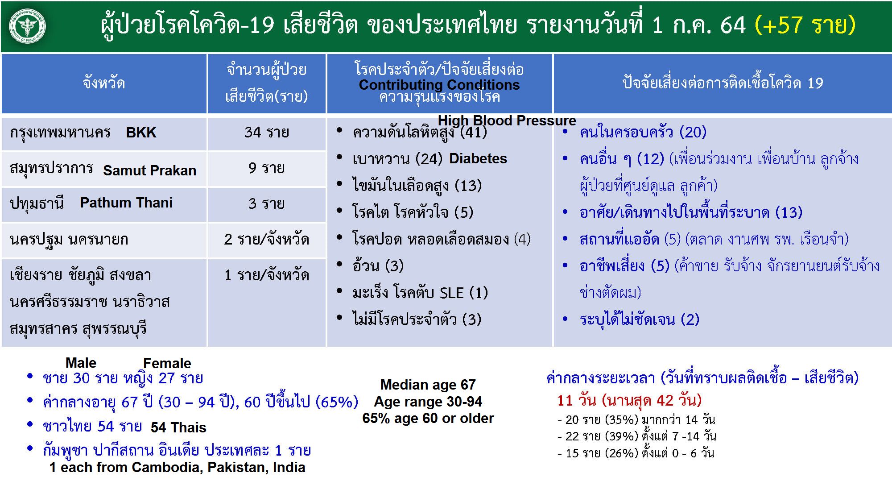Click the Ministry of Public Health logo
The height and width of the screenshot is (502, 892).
click(27, 26)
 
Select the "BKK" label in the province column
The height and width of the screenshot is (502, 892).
click(141, 133)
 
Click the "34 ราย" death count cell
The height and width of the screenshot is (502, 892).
click(267, 133)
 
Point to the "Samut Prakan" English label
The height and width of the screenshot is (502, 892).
click(150, 170)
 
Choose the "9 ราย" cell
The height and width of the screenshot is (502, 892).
click(267, 168)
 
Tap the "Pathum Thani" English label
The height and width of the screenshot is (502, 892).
click(126, 203)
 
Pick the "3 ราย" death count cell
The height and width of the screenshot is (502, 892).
click(267, 204)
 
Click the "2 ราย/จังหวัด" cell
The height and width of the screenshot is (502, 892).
click(267, 240)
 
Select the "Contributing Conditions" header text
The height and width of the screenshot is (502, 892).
click(439, 85)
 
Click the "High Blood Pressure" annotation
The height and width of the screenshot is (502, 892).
click(507, 120)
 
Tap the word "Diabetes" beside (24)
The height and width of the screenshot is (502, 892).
click(478, 158)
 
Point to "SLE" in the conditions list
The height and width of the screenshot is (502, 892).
click(452, 293)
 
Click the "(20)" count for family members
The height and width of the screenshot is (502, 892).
click(693, 133)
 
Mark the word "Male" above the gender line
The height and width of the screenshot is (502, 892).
click(81, 363)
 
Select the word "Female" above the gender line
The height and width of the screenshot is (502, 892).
click(167, 363)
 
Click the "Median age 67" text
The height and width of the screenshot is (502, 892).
click(428, 385)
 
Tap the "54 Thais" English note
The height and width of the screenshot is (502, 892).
click(178, 427)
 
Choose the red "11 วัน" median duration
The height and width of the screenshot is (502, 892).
click(576, 400)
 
